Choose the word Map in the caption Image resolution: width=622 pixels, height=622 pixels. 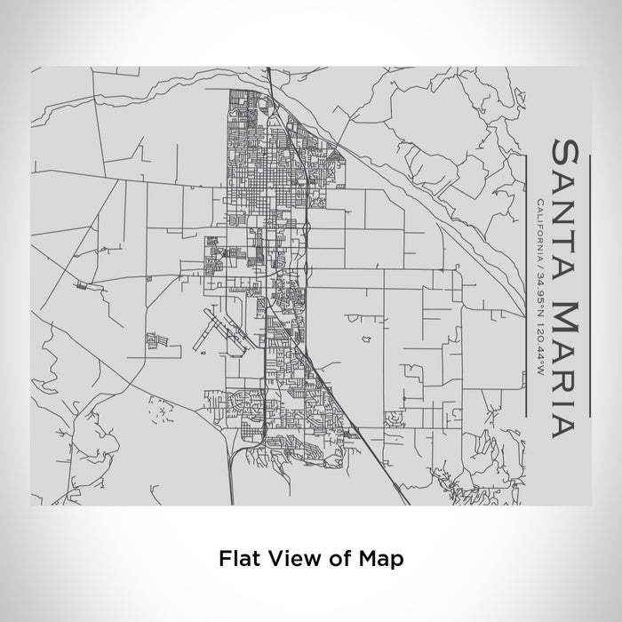click(x=377, y=559)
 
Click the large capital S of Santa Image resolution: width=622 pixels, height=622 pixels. click(x=570, y=150)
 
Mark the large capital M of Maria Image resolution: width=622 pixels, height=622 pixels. click(x=570, y=311)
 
